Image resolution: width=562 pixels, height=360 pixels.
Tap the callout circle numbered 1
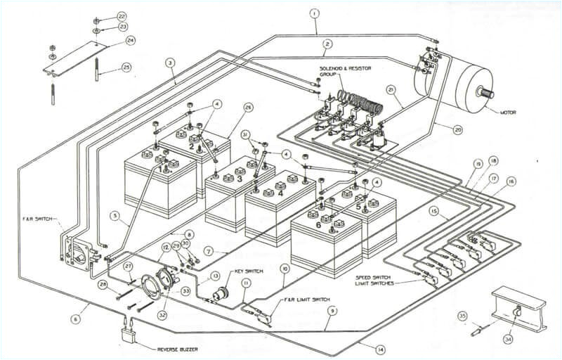pos(314,13)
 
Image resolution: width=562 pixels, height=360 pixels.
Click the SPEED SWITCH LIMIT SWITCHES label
pos(377,278)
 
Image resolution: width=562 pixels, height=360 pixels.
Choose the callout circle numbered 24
pos(130,40)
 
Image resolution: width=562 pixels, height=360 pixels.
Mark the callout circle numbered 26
pos(248,107)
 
